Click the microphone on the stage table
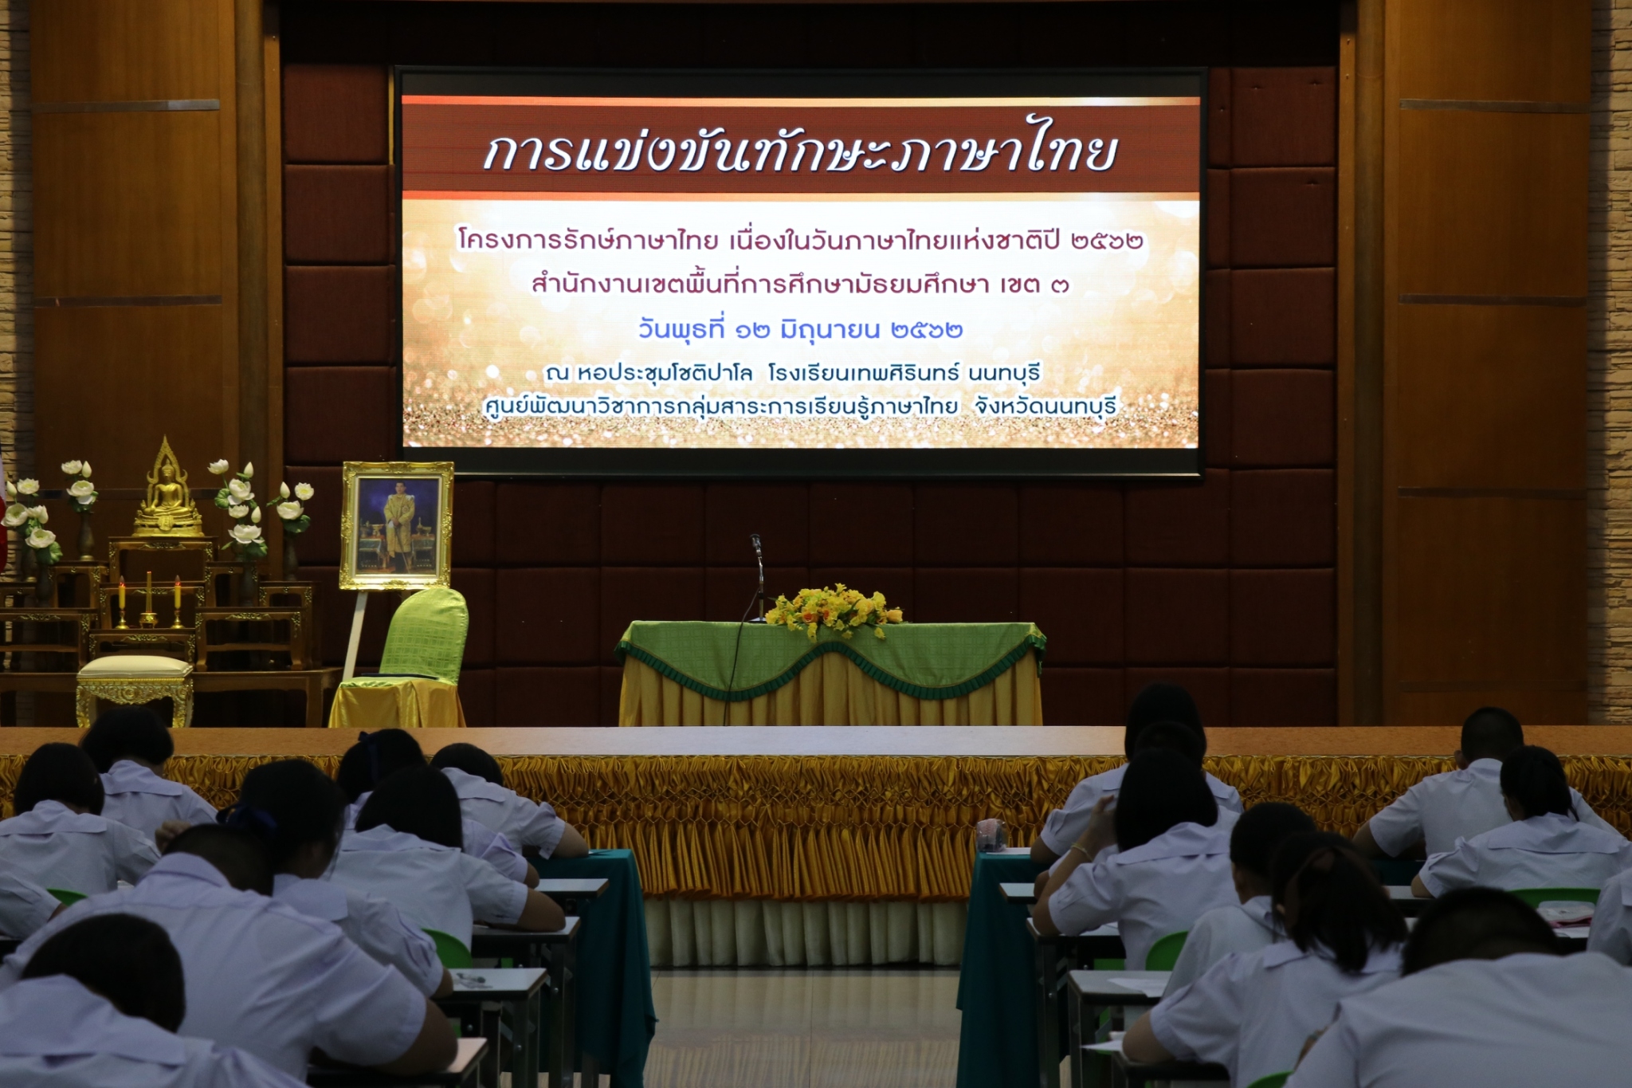tap(756, 547)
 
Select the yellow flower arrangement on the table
tap(833, 610)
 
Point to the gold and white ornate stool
tap(135, 689)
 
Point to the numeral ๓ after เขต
tap(1058, 285)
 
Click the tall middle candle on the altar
tap(148, 597)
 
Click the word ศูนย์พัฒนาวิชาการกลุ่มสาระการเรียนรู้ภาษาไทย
tap(720, 407)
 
